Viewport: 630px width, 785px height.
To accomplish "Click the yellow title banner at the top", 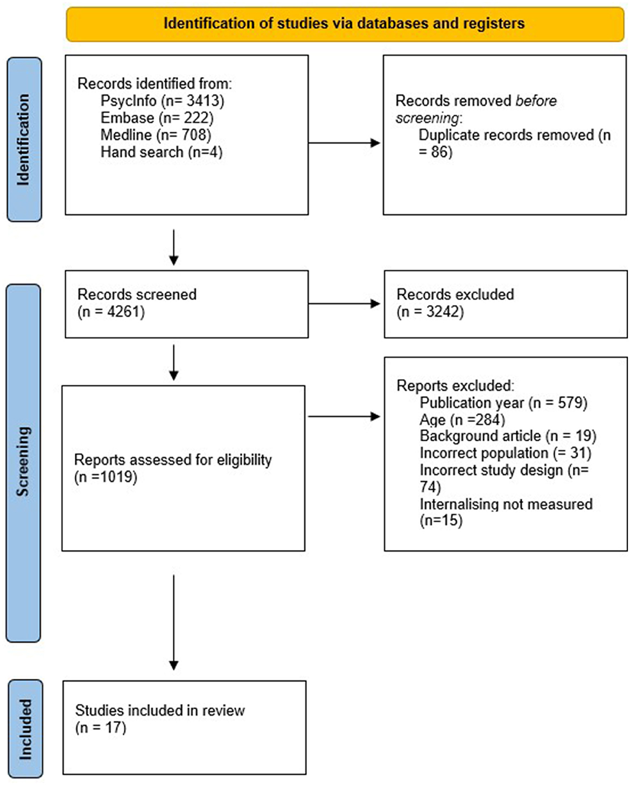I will pyautogui.click(x=345, y=24).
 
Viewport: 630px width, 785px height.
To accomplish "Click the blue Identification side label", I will pyautogui.click(x=24, y=140).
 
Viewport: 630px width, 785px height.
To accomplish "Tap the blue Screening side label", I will pyautogui.click(x=24, y=462).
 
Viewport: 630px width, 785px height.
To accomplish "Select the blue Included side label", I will pyautogui.click(x=25, y=728).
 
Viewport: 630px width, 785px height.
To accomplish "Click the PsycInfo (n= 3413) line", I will pyautogui.click(x=162, y=101).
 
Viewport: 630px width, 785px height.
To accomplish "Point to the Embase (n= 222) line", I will pyautogui.click(x=157, y=118).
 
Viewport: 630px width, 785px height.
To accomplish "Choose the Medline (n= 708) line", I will pyautogui.click(x=156, y=135).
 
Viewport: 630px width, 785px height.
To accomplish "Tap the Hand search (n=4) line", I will pyautogui.click(x=161, y=152).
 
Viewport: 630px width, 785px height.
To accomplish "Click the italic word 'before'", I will pyautogui.click(x=536, y=101).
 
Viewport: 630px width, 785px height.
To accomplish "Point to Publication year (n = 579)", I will pyautogui.click(x=503, y=402).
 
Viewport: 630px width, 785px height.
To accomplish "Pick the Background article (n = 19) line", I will pyautogui.click(x=508, y=436).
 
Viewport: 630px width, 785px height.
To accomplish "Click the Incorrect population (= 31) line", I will pyautogui.click(x=505, y=453).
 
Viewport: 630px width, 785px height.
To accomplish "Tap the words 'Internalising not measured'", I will pyautogui.click(x=506, y=504).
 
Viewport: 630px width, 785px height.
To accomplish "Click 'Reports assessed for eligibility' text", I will pyautogui.click(x=173, y=460).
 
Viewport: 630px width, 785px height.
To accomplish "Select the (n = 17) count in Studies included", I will pyautogui.click(x=101, y=727).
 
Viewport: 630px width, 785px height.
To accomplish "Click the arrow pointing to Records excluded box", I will pyautogui.click(x=345, y=304).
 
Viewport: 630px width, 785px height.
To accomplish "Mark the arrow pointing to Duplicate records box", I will pyautogui.click(x=345, y=143).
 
